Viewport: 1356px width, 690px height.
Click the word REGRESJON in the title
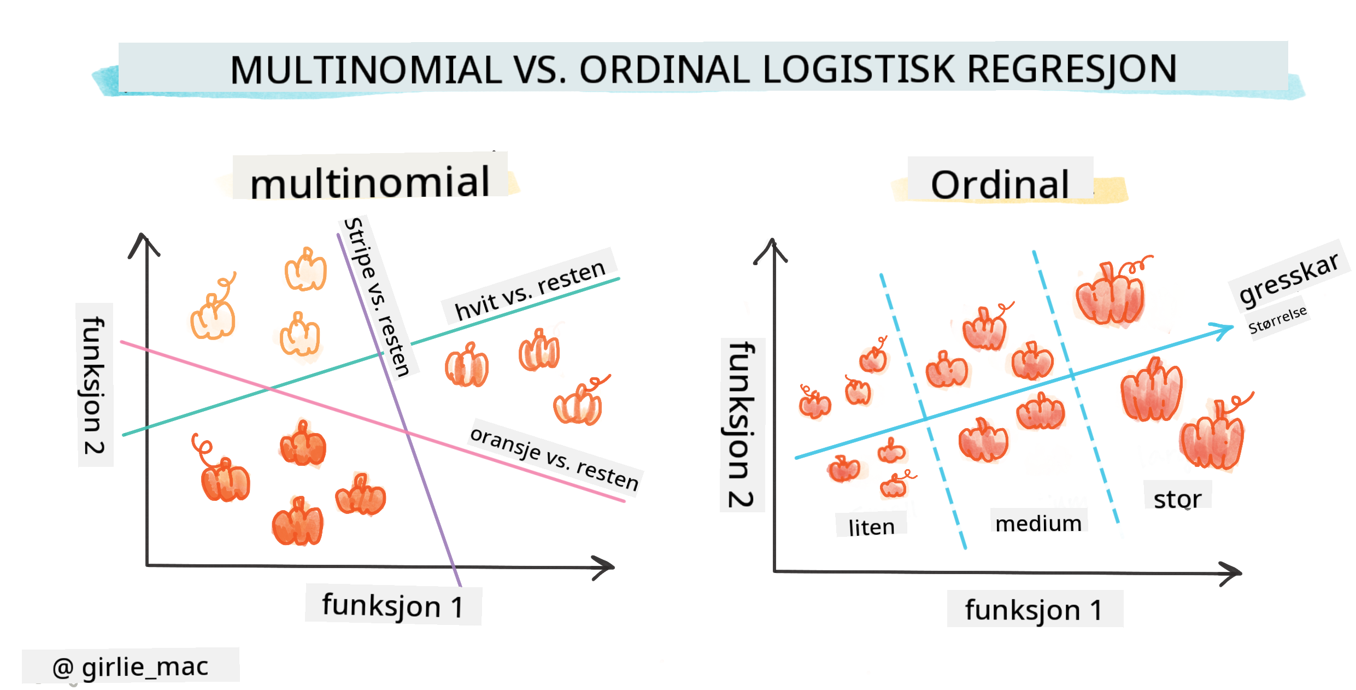(x=1071, y=69)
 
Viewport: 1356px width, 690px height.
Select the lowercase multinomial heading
(x=370, y=182)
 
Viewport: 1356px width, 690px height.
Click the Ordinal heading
(x=1000, y=184)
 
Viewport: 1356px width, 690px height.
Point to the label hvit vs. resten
(x=530, y=290)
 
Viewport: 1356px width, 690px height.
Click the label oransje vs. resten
(x=554, y=459)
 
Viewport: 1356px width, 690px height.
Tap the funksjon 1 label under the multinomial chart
(x=393, y=606)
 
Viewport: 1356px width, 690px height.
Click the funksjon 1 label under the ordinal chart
(x=1034, y=609)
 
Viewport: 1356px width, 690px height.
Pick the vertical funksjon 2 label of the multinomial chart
(x=95, y=385)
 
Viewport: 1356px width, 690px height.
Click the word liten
(x=871, y=527)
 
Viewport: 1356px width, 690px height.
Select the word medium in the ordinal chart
(x=1038, y=523)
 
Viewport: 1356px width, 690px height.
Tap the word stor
(x=1177, y=498)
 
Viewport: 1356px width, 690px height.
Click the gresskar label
(x=1288, y=278)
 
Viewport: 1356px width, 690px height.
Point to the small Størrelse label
(x=1277, y=319)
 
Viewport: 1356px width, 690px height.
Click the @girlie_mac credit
(x=130, y=666)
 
